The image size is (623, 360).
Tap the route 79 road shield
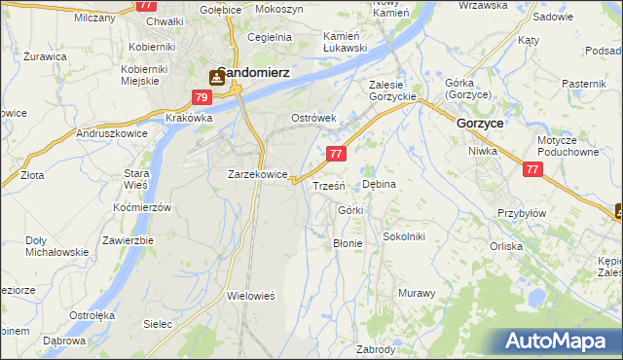click(202, 97)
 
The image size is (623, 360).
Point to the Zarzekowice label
click(257, 174)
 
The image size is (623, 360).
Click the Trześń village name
click(327, 185)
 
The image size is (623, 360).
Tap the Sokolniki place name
click(404, 236)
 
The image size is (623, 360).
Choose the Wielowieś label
click(252, 294)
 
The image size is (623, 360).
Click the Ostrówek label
click(313, 118)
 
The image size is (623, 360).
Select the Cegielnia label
click(270, 37)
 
